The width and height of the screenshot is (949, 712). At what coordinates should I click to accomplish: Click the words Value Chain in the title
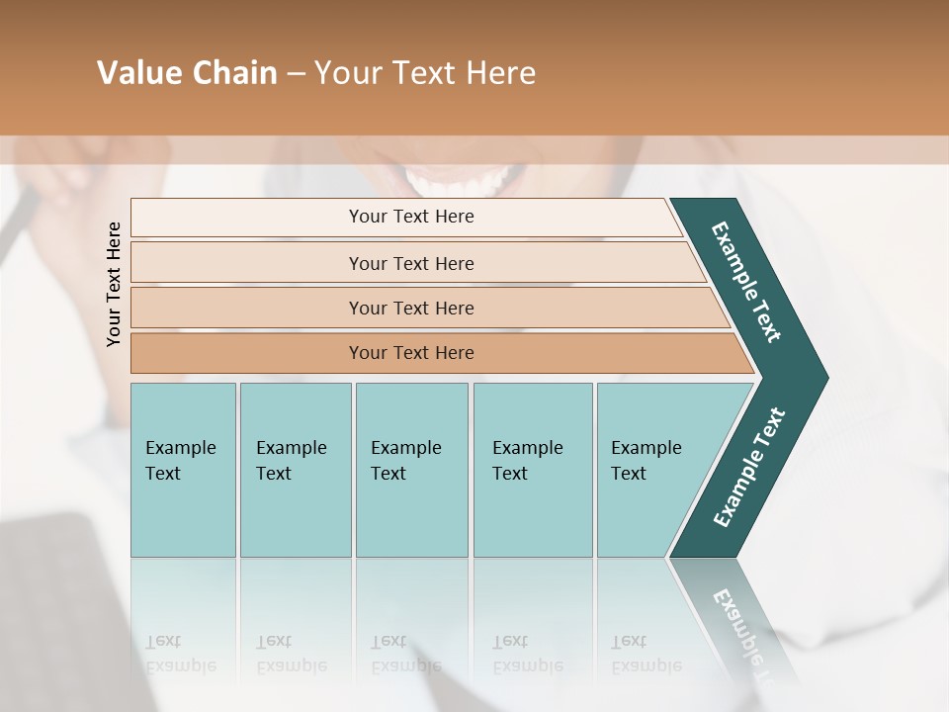pyautogui.click(x=187, y=73)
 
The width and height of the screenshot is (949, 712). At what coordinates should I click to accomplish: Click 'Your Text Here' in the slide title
pyautogui.click(x=425, y=73)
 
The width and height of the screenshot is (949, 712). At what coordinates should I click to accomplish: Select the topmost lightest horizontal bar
pyautogui.click(x=405, y=218)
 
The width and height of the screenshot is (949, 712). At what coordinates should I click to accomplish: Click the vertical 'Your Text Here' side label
pyautogui.click(x=114, y=284)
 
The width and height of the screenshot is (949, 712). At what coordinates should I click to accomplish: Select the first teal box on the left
pyautogui.click(x=183, y=470)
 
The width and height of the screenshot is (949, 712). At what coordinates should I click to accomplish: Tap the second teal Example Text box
pyautogui.click(x=295, y=470)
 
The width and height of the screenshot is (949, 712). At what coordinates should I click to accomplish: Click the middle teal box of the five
pyautogui.click(x=411, y=470)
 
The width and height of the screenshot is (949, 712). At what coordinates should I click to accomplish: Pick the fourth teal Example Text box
pyautogui.click(x=532, y=470)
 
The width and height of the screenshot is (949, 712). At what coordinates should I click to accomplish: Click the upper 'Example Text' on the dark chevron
pyautogui.click(x=746, y=282)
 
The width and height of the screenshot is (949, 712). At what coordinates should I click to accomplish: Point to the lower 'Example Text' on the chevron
pyautogui.click(x=749, y=467)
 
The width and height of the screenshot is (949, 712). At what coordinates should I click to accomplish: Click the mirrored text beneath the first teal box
pyautogui.click(x=181, y=654)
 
